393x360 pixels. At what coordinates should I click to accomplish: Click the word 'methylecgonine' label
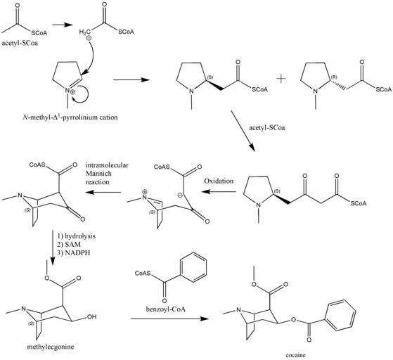[51, 347]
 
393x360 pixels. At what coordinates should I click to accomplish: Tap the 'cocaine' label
[296, 355]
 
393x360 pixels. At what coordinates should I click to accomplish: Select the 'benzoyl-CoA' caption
[166, 309]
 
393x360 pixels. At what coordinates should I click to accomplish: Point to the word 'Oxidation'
[219, 181]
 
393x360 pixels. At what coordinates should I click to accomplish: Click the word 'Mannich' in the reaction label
[98, 174]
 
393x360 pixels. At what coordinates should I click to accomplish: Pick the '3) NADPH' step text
[73, 252]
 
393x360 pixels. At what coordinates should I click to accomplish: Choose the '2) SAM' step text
[69, 244]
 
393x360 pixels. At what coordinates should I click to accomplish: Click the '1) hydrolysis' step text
[76, 236]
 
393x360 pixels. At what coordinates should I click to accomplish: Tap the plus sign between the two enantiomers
[281, 79]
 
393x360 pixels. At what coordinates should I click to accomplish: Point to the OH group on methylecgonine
[91, 317]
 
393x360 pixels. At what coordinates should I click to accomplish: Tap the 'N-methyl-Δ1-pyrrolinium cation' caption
[70, 117]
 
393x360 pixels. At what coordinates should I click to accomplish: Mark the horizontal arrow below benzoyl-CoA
[169, 319]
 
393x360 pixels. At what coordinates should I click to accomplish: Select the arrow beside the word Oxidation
[219, 192]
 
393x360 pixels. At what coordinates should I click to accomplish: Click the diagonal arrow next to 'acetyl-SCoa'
[243, 131]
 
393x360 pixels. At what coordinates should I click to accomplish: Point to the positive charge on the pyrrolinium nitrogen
[72, 92]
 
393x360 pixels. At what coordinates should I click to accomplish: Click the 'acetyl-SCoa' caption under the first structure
[20, 43]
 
